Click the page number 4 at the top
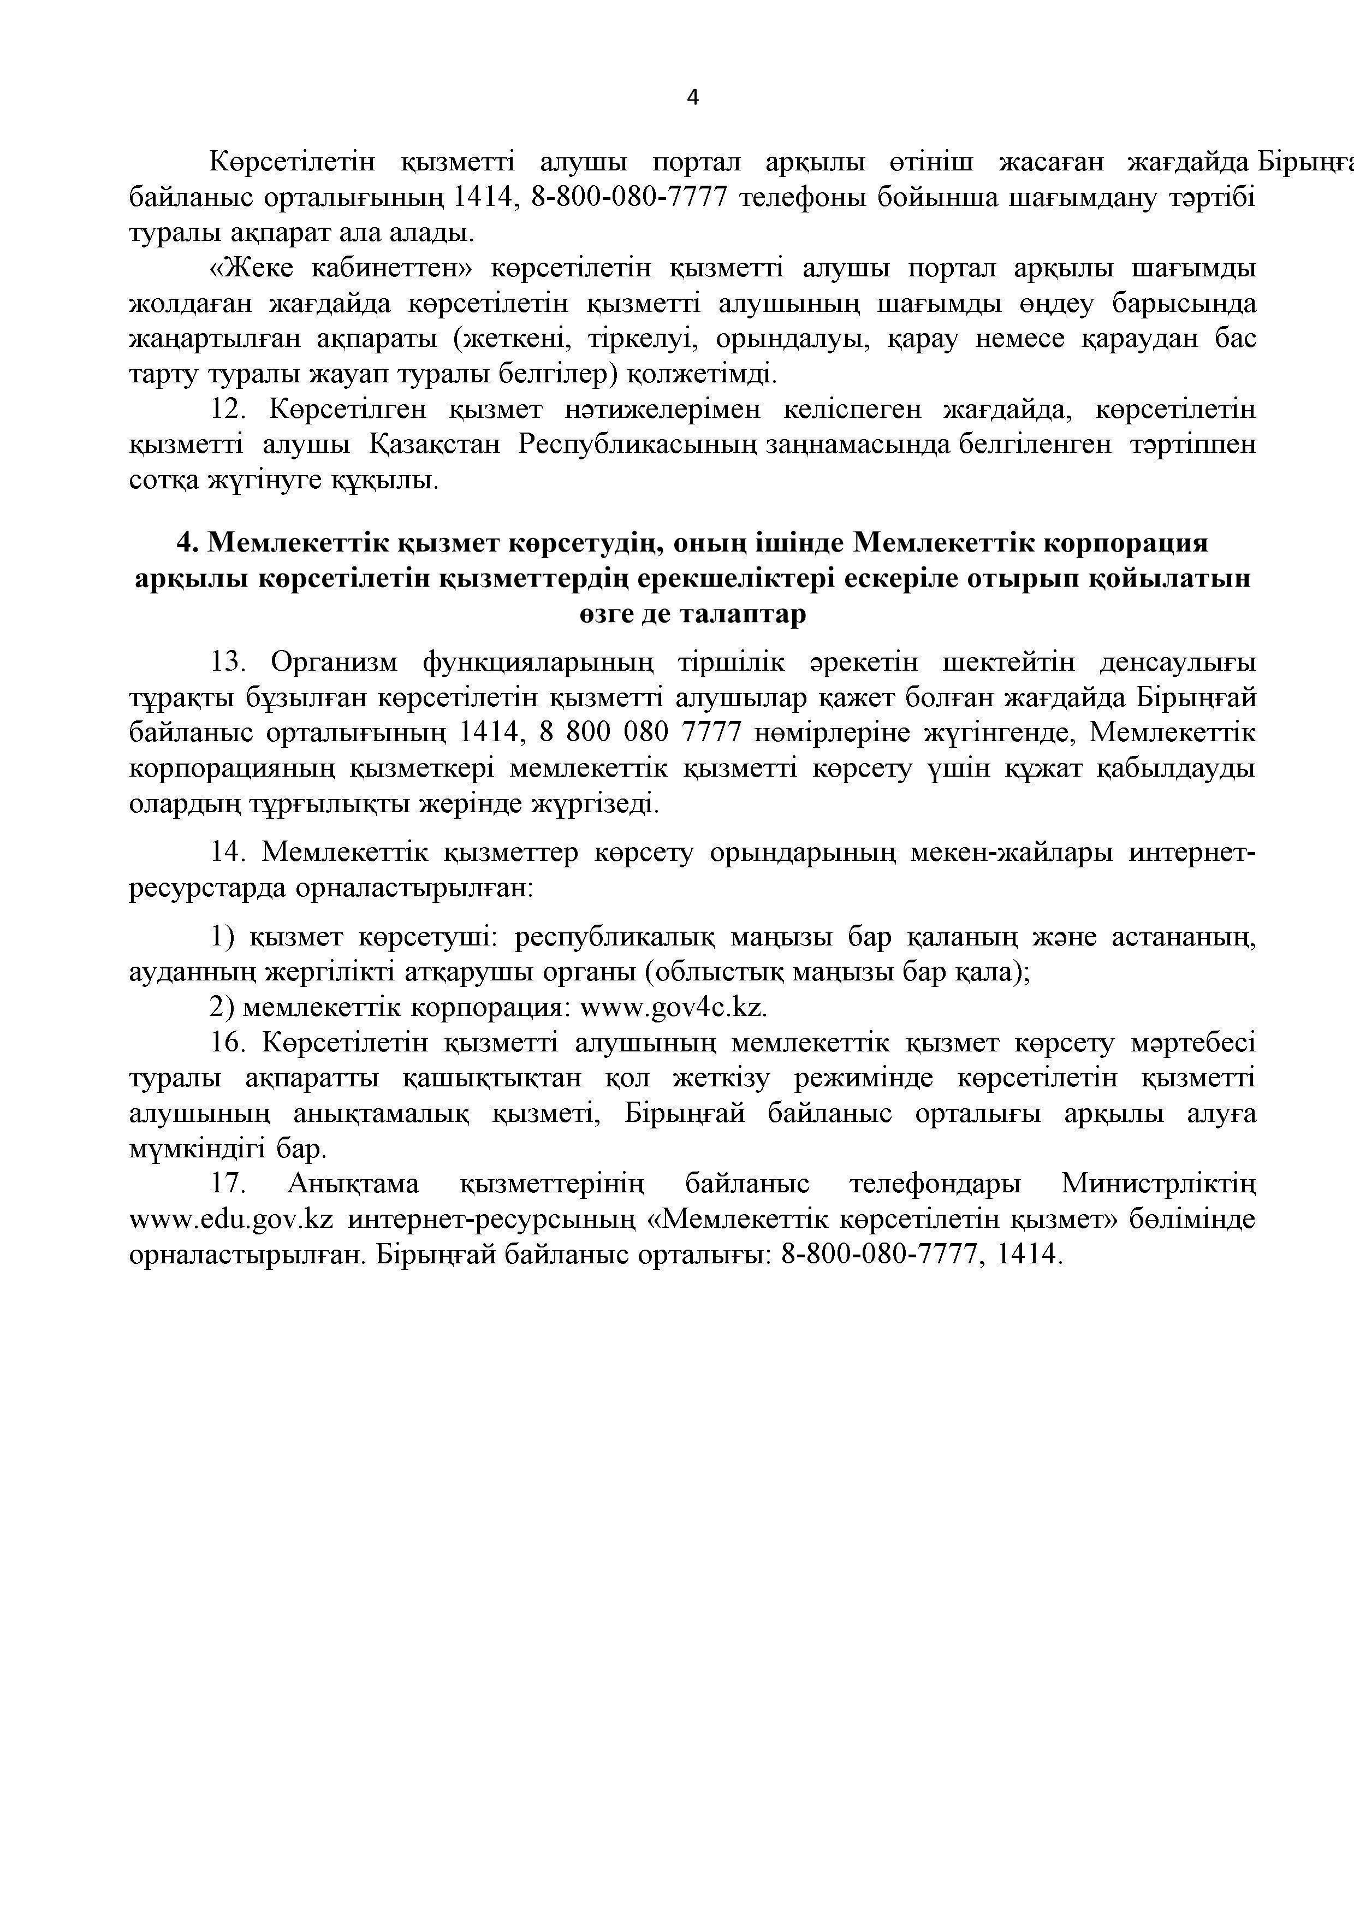(692, 98)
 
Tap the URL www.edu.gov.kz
(231, 1219)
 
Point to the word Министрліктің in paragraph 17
(1158, 1184)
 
